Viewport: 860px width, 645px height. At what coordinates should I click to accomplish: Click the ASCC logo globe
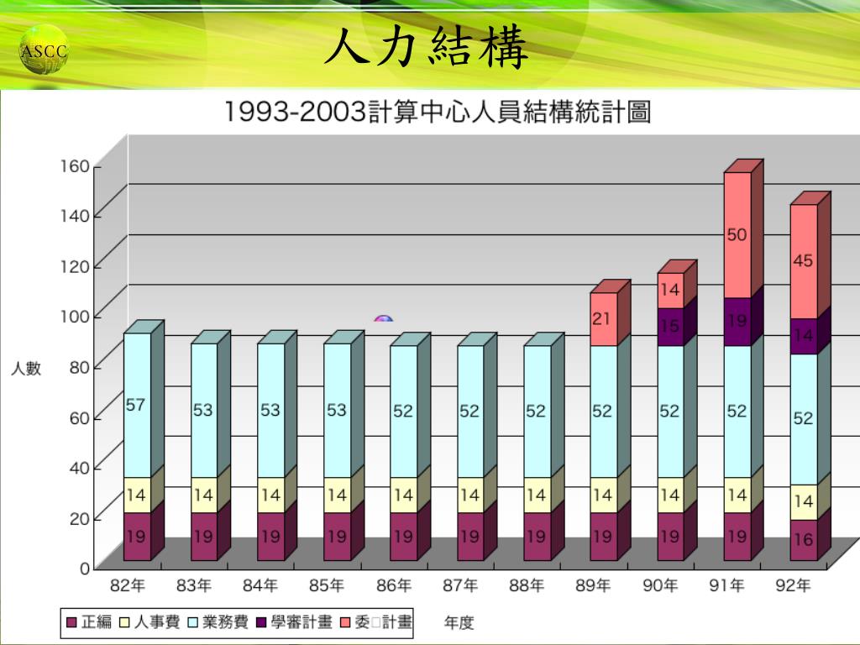click(44, 51)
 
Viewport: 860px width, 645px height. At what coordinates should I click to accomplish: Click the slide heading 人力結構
click(427, 49)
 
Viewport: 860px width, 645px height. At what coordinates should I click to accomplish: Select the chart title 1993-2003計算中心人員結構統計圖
click(437, 112)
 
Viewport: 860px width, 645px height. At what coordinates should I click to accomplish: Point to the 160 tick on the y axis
click(74, 166)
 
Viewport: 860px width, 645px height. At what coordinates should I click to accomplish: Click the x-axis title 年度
click(459, 622)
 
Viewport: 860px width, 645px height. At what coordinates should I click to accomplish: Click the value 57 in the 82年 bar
click(136, 405)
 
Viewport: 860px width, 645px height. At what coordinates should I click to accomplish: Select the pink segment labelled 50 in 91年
click(737, 235)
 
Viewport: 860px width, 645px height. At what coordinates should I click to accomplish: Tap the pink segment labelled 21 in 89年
click(602, 319)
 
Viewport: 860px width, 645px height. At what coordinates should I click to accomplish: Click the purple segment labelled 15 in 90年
click(669, 326)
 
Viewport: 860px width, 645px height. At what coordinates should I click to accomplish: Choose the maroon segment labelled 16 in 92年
click(804, 539)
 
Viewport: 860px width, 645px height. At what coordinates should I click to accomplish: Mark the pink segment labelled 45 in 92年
click(804, 261)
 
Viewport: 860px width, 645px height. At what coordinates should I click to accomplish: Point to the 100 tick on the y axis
click(74, 316)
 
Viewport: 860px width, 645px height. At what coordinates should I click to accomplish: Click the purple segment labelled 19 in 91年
click(737, 321)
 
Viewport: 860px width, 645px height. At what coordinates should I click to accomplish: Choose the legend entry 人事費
click(151, 622)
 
